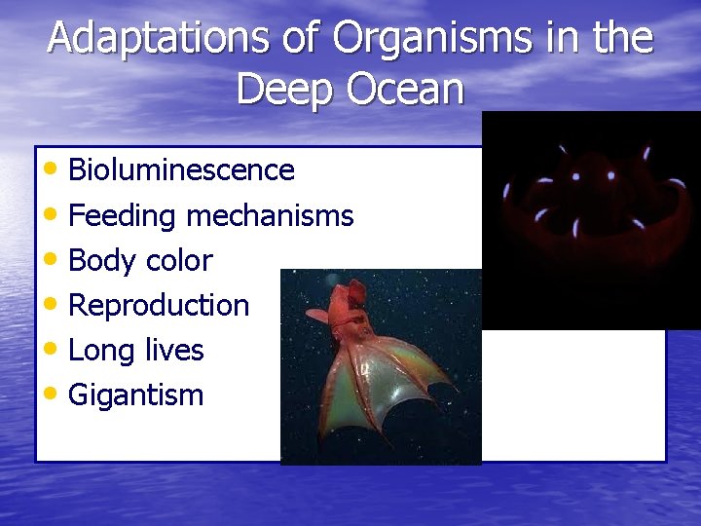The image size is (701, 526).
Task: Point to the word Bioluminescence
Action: point(181,170)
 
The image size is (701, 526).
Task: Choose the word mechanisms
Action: point(270,215)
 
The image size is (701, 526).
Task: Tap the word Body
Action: point(102,260)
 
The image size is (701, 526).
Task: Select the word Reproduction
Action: point(159,305)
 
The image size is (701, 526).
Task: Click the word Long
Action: point(101,350)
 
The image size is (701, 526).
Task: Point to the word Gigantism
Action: point(136,394)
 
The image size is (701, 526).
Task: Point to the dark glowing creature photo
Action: point(590,219)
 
